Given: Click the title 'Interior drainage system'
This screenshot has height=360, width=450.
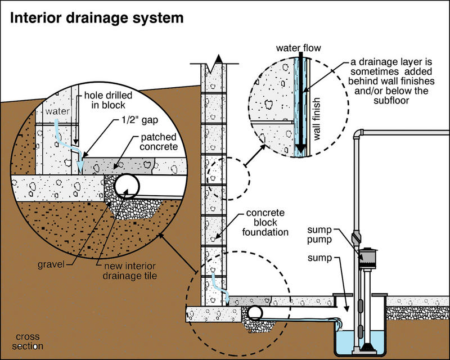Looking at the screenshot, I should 96,19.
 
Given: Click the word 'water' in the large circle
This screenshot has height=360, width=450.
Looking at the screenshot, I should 58,111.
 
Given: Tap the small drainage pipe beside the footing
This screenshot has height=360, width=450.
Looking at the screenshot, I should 255,313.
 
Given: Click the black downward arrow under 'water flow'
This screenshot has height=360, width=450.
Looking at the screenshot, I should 301,101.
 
